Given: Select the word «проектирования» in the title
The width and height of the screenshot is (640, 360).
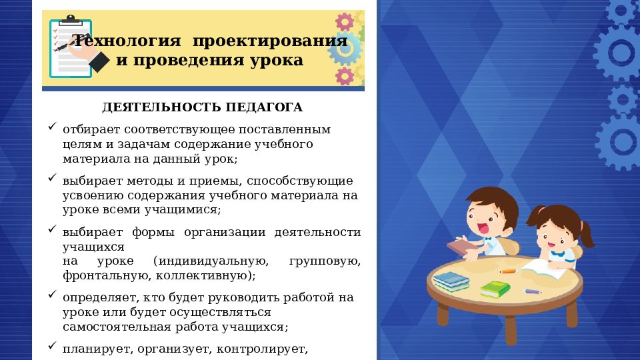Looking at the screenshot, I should click(x=270, y=41).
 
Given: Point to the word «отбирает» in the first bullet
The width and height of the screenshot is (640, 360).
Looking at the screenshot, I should click(x=87, y=129).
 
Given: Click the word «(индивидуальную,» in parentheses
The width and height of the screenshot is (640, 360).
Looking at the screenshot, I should click(x=210, y=261).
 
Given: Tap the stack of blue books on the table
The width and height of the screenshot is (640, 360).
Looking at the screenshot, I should click(x=451, y=281).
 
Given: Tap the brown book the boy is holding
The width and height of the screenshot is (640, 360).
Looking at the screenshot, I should click(x=462, y=247).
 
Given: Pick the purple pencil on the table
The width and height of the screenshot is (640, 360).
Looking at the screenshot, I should click(x=533, y=291).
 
